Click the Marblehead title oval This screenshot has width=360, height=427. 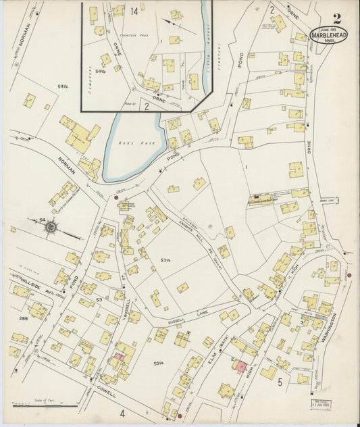click(x=328, y=34)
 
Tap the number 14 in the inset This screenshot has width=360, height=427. click(x=134, y=11)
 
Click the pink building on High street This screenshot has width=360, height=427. click(x=240, y=366)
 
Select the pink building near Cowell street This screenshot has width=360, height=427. click(x=119, y=356)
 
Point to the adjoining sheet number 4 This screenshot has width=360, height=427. click(x=123, y=412)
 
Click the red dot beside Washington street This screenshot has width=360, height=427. click(x=349, y=276)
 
